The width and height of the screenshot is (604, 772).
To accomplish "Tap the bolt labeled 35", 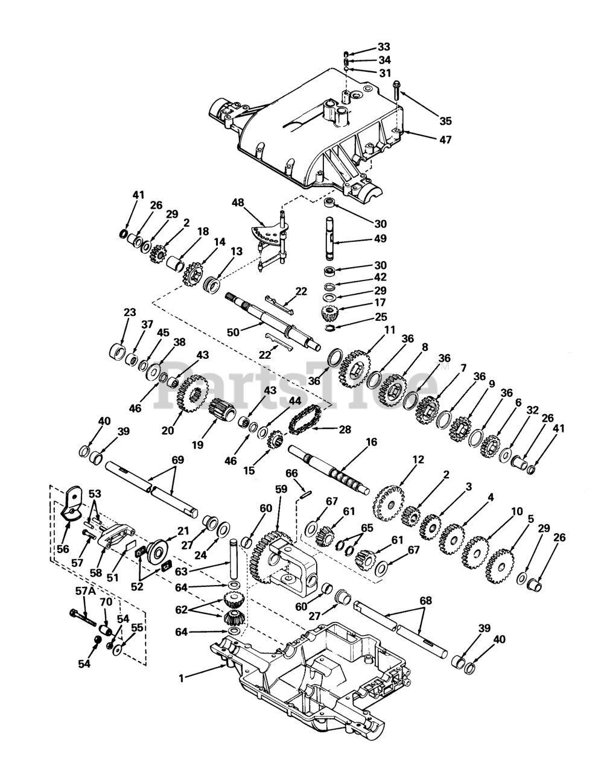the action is point(396,90).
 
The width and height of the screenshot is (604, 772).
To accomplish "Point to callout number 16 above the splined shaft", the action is point(371,442).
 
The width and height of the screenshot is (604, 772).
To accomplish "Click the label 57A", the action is point(88,592).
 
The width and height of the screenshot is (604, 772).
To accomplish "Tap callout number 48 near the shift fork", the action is point(238,203).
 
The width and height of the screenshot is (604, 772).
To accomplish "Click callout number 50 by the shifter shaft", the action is point(232,332).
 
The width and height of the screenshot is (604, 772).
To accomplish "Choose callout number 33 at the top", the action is point(384,46).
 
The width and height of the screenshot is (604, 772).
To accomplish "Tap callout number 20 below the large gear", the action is point(167,430).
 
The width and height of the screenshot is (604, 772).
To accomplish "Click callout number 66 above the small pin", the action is point(291,474).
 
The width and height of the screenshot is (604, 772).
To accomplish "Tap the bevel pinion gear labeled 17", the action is point(329,314).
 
